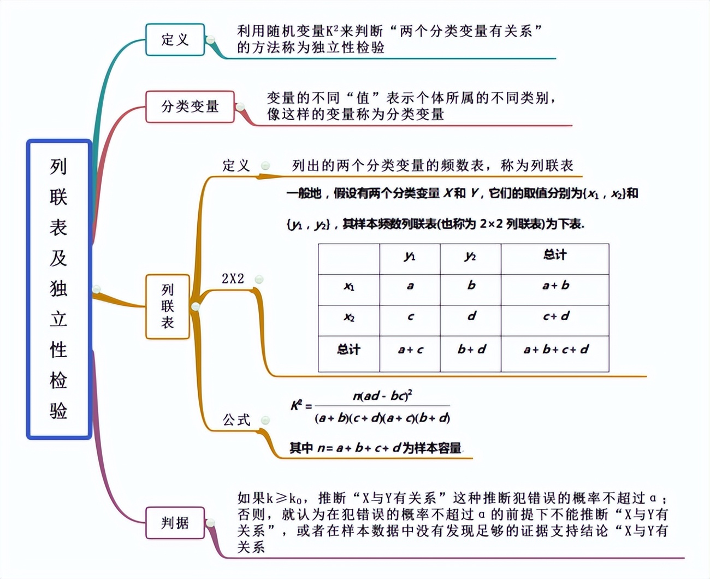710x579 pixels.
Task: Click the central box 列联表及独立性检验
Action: tap(59, 289)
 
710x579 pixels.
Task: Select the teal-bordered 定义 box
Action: tap(175, 40)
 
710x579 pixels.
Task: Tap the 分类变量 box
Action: tap(190, 107)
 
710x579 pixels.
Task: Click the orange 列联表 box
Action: tap(168, 306)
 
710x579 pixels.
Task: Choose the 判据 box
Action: tap(175, 523)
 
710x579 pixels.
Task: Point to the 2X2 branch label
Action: tap(233, 279)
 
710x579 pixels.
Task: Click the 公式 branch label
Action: tap(236, 420)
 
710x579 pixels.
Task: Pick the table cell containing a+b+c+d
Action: tap(555, 350)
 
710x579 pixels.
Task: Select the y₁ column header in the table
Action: tap(410, 256)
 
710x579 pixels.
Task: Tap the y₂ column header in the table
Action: tap(470, 256)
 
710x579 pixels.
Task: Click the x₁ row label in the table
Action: tap(349, 286)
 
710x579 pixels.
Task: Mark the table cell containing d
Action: tap(471, 316)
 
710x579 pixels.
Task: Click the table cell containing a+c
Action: tap(410, 350)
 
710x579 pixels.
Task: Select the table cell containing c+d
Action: tap(555, 316)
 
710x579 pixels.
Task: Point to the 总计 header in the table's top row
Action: tap(555, 255)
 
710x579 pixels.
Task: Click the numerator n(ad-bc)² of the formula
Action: tap(382, 395)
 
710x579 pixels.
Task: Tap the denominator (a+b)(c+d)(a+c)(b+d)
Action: tap(382, 418)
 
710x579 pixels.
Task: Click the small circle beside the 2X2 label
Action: tap(259, 279)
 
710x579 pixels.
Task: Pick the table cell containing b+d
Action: tap(471, 350)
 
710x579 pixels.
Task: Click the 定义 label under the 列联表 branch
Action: tap(236, 165)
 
